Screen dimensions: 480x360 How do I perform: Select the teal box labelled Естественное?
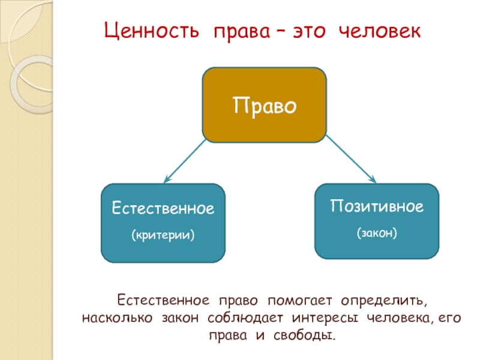click(x=163, y=223)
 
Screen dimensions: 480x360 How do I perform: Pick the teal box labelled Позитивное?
click(x=377, y=221)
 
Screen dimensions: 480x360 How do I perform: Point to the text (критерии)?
click(x=163, y=235)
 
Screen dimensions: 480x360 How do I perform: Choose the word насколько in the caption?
click(x=118, y=316)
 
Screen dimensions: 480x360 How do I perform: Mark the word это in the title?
click(x=310, y=31)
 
